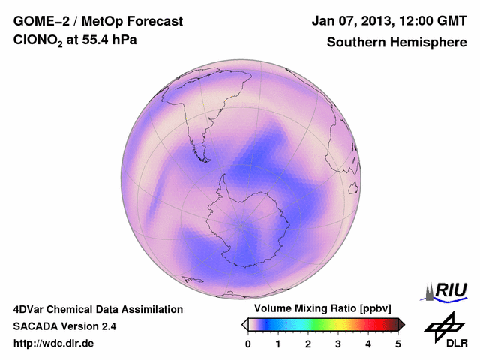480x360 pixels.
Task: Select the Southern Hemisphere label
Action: [396, 42]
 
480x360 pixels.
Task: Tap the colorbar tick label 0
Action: [248, 343]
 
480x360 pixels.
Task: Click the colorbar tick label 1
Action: [278, 343]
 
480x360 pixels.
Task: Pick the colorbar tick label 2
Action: [308, 343]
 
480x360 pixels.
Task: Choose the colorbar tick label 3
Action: [338, 343]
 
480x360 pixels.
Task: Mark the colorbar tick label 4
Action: [368, 343]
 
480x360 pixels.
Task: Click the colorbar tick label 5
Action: [398, 343]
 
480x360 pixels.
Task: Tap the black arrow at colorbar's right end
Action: [401, 324]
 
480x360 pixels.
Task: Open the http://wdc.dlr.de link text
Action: [54, 343]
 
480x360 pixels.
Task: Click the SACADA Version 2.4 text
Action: [64, 326]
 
